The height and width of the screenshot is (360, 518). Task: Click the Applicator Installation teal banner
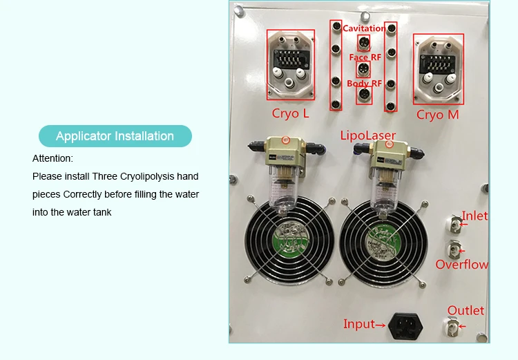click(115, 136)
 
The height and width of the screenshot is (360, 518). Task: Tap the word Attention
click(52, 158)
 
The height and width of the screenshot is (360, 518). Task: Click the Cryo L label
click(291, 113)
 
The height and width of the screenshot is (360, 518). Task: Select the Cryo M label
click(437, 115)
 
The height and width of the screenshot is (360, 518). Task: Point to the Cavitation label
click(364, 28)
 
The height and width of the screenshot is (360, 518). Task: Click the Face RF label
click(365, 57)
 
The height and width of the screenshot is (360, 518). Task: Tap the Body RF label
click(364, 84)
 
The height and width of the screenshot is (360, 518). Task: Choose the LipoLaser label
click(365, 135)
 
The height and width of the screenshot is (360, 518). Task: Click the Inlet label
click(474, 216)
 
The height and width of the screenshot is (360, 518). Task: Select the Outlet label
click(466, 310)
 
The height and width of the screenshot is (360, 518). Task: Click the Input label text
click(359, 324)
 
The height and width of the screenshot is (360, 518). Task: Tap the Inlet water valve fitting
click(454, 222)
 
